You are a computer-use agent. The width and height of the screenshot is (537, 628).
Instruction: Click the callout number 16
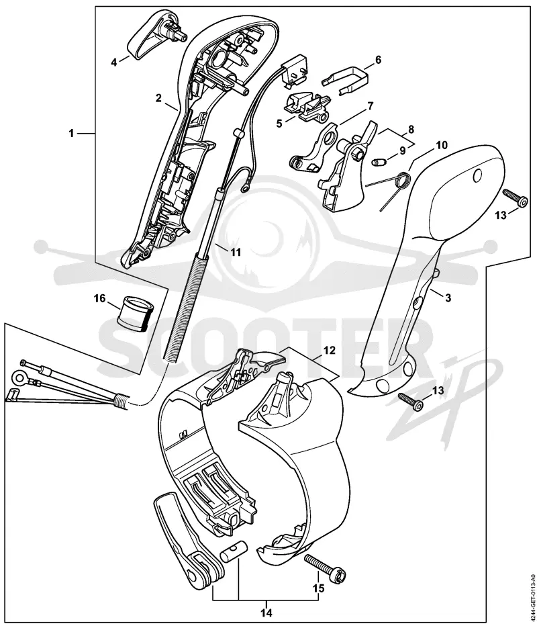point(99,298)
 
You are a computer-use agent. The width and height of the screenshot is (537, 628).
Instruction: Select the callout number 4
point(114,62)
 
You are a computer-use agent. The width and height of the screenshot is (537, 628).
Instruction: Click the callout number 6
point(378,60)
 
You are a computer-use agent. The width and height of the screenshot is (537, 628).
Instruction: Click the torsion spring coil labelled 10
point(402,179)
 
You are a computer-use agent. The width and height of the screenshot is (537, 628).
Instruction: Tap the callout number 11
point(236,253)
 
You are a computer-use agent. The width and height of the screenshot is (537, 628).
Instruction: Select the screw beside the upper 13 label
point(515,198)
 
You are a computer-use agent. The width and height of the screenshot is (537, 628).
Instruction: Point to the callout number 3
point(448,298)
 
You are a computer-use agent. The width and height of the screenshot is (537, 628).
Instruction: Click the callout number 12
point(330,351)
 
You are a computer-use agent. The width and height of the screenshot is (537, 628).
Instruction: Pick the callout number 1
point(71,133)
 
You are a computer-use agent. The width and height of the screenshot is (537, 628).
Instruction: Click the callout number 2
point(159,98)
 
